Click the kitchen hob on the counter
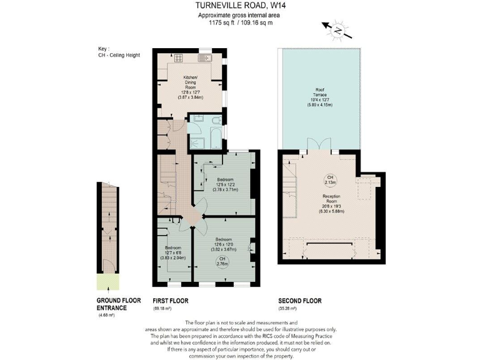[x=179, y=59]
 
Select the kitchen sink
[x=205, y=59]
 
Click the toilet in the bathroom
[x=216, y=121]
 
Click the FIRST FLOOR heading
[x=170, y=301]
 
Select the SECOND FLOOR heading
[x=300, y=301]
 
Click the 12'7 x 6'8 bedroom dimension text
[x=169, y=255]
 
